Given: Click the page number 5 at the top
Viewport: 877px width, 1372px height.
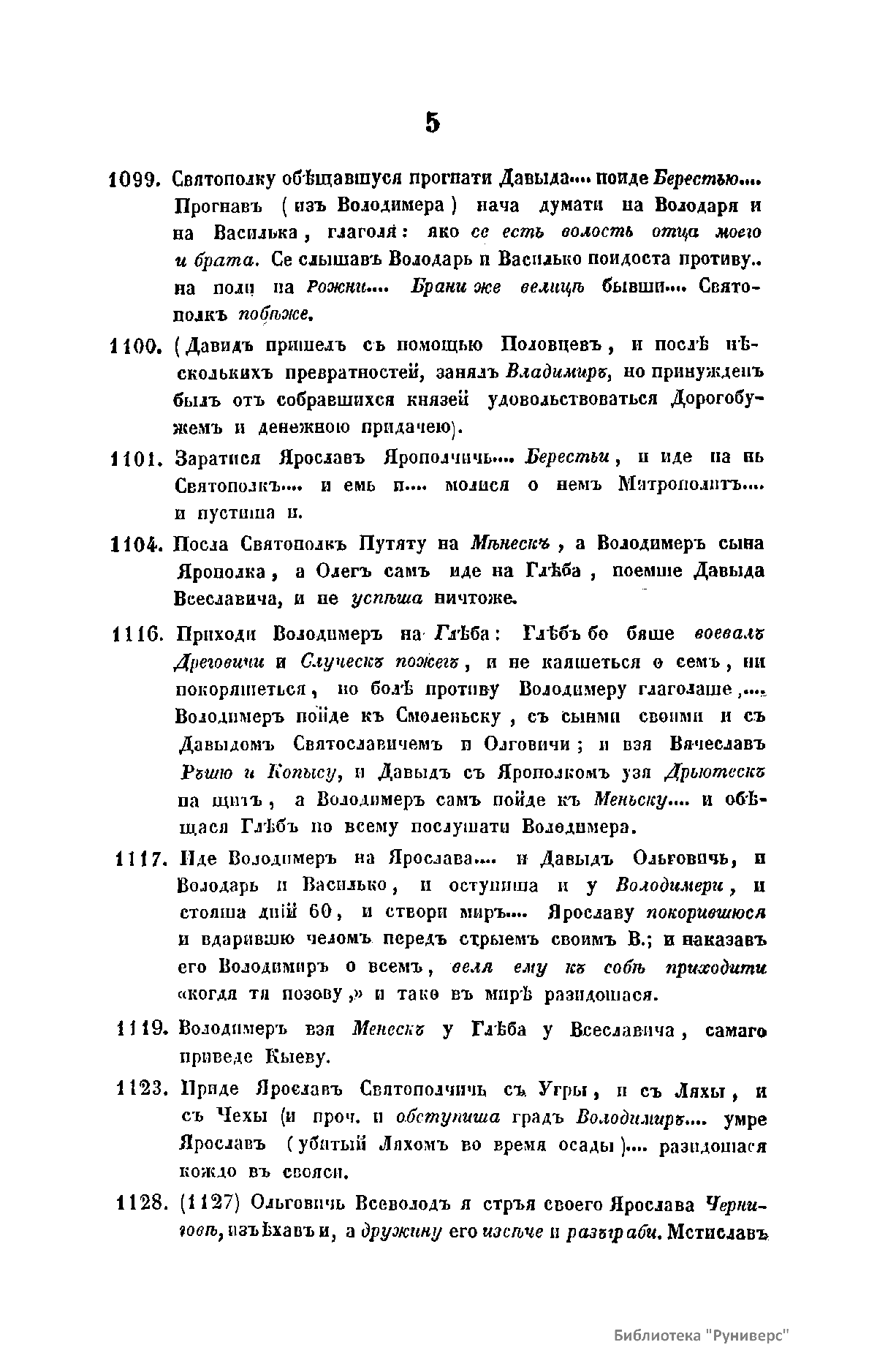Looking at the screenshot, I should click(433, 122).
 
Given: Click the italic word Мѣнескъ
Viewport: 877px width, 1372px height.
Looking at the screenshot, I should click(510, 543).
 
